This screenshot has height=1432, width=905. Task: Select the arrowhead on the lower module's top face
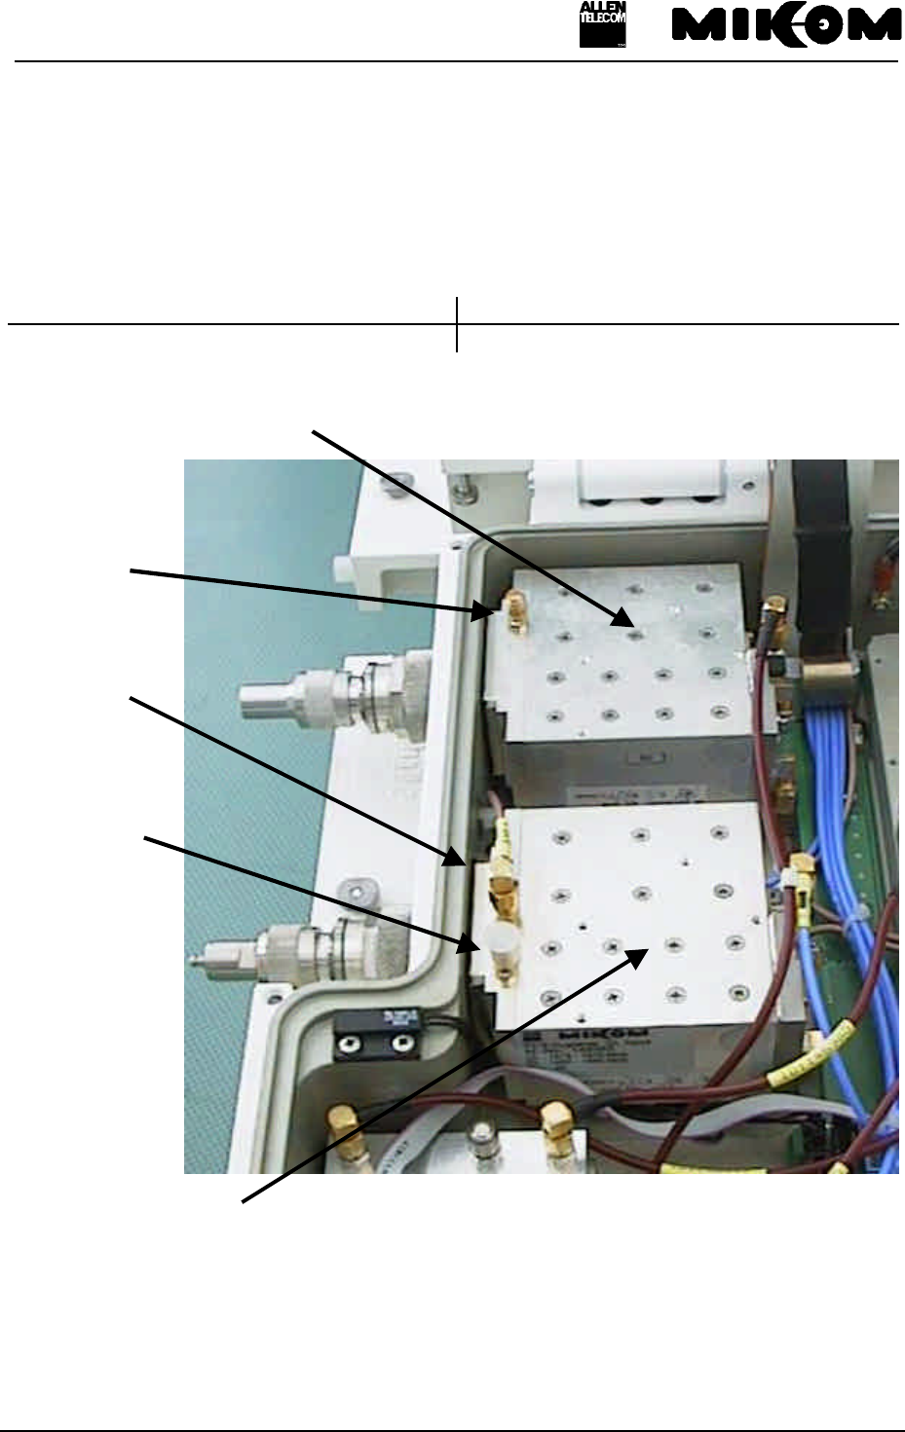coord(638,955)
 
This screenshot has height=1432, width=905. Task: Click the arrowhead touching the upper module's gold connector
coord(484,611)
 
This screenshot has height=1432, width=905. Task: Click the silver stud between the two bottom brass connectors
coord(479,1135)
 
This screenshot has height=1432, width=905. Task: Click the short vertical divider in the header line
coord(457,325)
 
